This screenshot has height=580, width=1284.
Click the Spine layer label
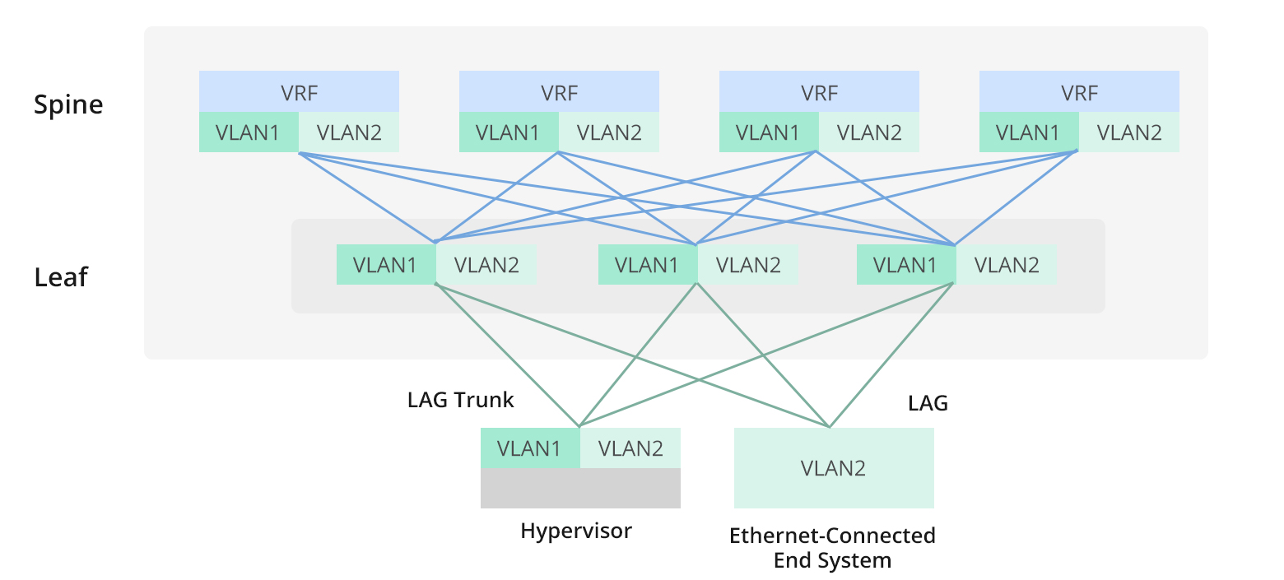pos(68,105)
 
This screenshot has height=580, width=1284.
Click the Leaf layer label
pos(60,277)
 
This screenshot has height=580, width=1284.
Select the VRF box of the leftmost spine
pos(299,92)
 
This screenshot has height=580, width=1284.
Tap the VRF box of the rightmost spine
pos(1079,92)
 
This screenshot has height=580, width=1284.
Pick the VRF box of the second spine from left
pos(559,92)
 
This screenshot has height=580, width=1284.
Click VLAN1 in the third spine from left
pos(768,132)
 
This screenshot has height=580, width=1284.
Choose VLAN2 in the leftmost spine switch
pos(349,132)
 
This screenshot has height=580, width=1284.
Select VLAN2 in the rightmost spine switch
pos(1129,132)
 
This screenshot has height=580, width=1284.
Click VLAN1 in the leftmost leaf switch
pos(386,265)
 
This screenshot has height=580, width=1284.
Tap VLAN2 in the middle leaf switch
pos(747,265)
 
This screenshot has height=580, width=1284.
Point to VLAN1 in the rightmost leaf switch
pos(906,265)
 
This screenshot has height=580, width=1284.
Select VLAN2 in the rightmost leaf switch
pos(1007,265)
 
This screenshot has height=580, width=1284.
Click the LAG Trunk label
pos(460,401)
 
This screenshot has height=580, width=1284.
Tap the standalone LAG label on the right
pos(928,403)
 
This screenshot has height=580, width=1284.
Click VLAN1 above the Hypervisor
pos(530,448)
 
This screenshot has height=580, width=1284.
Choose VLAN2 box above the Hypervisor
pos(630,448)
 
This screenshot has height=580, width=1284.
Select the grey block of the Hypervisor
pos(580,488)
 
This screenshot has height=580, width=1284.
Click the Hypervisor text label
pos(576,531)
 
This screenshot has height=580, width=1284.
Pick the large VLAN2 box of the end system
pos(834,468)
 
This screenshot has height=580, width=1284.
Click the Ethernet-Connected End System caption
pos(832,548)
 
